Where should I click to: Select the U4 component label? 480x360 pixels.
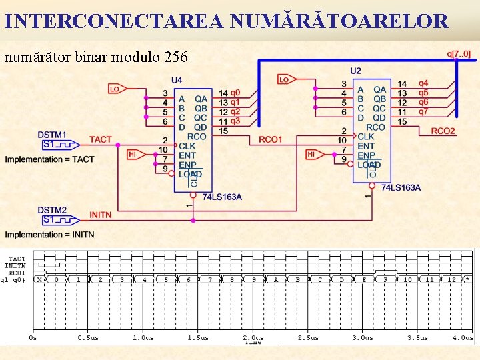coord(177,80)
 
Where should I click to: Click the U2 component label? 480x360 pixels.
coord(355,71)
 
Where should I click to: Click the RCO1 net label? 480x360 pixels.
coord(271,139)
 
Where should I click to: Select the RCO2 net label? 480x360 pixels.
coord(443,131)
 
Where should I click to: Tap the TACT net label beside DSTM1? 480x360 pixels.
coord(101,139)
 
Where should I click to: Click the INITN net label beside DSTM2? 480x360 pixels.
coord(101,215)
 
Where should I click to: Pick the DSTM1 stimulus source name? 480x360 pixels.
coord(52,135)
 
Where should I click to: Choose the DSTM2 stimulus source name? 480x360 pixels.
coord(52,210)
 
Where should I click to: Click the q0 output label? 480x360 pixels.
coord(235,93)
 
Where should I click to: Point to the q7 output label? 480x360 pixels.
coord(423,111)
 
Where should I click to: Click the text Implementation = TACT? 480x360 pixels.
coord(50,159)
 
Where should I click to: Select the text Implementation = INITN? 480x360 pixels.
coord(50,235)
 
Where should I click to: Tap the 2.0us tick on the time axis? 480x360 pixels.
coord(253,337)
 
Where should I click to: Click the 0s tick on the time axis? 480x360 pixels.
coord(33,337)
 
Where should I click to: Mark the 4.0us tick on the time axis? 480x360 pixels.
coord(463,337)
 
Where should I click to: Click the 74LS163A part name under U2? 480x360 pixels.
coord(401,187)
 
